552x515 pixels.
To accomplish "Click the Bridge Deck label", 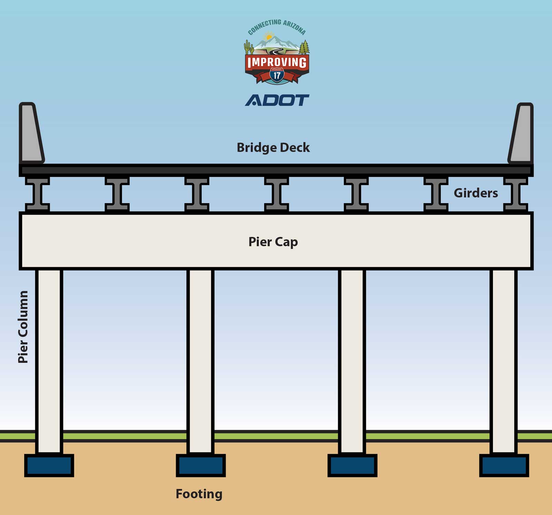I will point(273,148).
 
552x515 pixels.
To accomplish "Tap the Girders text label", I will point(475,193).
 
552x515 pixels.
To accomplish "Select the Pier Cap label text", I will point(273,242).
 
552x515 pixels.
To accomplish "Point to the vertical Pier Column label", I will point(23,327).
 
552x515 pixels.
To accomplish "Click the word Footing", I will point(199,494).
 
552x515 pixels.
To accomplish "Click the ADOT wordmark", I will point(277,100).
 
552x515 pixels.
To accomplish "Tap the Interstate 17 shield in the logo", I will point(277,75).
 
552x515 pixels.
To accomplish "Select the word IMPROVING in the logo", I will point(277,62).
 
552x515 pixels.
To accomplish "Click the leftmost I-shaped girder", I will point(37,194).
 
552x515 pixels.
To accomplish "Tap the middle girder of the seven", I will point(276,194).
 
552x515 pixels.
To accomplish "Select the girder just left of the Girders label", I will point(436,194).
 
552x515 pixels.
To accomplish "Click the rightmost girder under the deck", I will point(515,194).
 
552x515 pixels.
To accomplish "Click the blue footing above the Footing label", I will point(201,465).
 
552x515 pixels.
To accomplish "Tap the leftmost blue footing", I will point(49,465).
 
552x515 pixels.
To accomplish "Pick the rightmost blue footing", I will point(504,465).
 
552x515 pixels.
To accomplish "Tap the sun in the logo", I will point(269,36).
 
